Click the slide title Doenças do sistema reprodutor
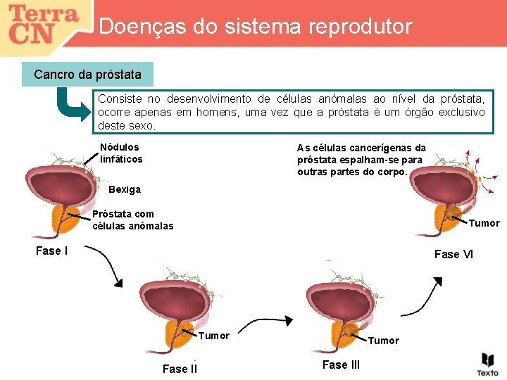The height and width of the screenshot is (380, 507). (256, 27)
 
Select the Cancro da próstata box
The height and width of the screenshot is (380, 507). (87, 74)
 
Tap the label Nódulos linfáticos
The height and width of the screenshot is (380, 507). (120, 153)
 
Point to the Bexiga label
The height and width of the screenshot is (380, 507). (125, 189)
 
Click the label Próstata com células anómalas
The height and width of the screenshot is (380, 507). (132, 220)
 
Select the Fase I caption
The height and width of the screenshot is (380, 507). (51, 251)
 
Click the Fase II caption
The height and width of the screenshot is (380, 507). (180, 369)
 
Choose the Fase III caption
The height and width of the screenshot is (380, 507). (341, 365)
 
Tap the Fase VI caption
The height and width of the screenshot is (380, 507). (453, 254)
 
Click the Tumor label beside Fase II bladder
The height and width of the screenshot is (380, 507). (213, 336)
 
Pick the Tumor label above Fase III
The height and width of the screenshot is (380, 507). (383, 341)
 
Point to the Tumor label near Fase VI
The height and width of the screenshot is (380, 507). (484, 223)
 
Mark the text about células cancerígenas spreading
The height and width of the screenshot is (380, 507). (361, 160)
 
